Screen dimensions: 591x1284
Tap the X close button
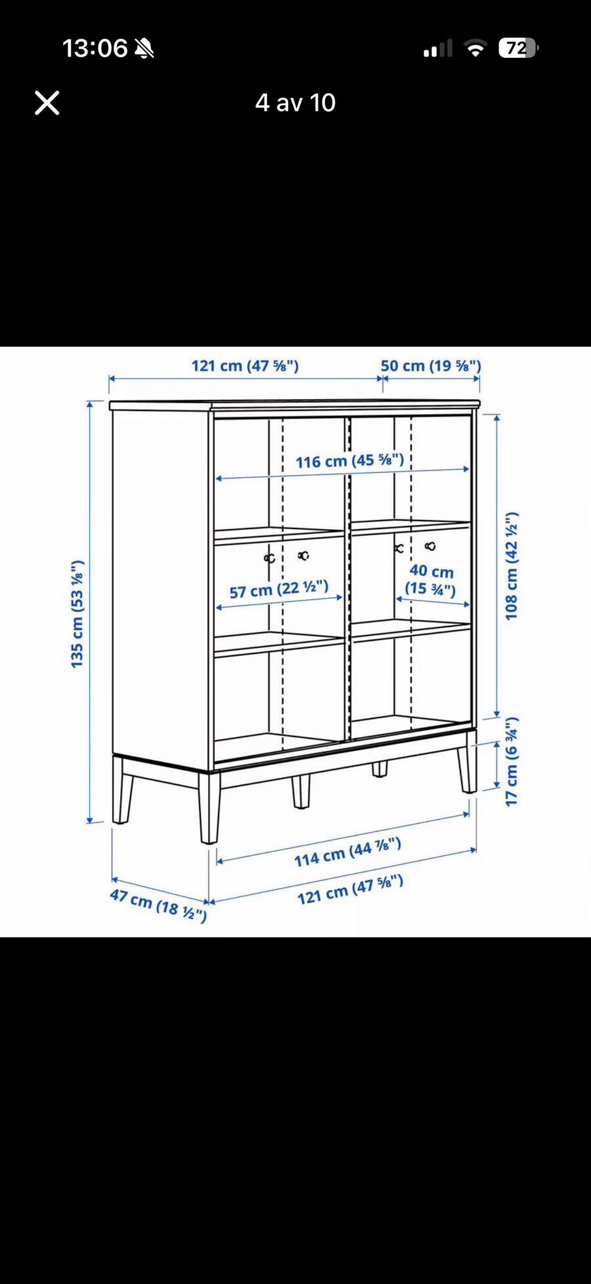tap(47, 103)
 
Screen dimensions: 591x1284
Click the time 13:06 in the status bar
tap(95, 48)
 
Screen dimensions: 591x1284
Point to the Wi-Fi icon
tap(475, 48)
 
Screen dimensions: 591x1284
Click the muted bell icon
tap(144, 48)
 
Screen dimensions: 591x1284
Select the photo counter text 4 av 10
tap(295, 103)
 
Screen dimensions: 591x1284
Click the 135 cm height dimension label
tap(76, 614)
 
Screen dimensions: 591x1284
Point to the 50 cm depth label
tap(430, 365)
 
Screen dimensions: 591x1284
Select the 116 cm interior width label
tap(350, 461)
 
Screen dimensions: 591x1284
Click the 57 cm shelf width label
tap(279, 589)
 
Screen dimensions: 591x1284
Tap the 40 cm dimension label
tap(431, 580)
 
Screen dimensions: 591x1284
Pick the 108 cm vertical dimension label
tap(511, 566)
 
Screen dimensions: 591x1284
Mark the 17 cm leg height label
tap(511, 761)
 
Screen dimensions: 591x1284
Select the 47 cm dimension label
tap(158, 904)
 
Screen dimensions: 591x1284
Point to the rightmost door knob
tap(430, 546)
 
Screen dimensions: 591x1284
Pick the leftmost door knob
tap(269, 558)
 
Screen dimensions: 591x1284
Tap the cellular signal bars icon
tap(438, 48)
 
